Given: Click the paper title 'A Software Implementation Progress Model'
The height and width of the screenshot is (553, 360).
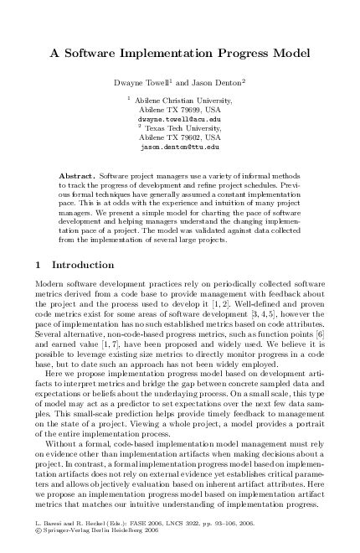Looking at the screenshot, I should click(180, 52).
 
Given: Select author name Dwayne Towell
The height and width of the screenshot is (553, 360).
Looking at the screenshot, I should click(138, 83).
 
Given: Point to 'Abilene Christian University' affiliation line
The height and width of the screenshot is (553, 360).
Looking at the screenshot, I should click(178, 101).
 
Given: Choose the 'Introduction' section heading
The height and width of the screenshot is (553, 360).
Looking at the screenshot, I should click(77, 266).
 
